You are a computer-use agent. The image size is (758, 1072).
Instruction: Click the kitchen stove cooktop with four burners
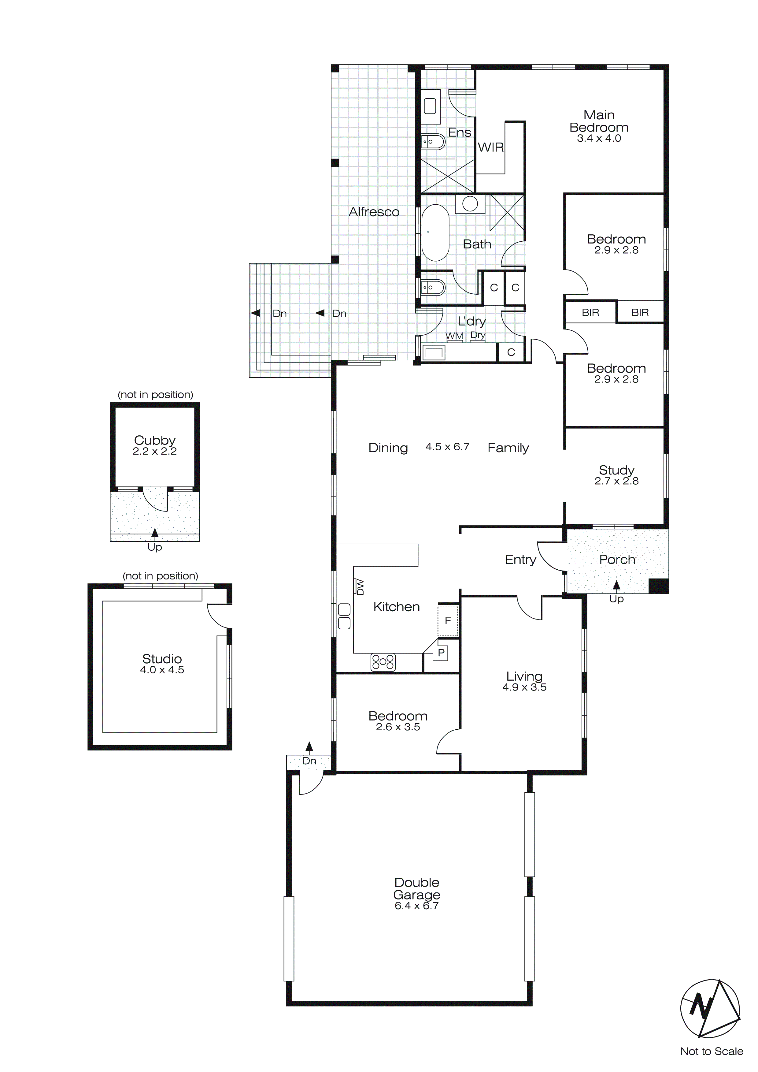pos(383,662)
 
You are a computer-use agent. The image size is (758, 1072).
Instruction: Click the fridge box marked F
pos(448,620)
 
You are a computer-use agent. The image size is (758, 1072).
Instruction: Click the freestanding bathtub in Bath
pos(435,233)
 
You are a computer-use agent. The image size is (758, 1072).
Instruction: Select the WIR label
pos(490,147)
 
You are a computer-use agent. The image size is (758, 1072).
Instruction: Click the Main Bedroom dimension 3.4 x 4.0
pos(599,139)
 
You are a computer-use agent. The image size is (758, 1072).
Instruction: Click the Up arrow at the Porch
pos(616,585)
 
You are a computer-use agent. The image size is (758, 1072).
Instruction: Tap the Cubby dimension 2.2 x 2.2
pos(154,452)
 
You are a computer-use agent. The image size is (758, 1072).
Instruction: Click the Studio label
pos(162,659)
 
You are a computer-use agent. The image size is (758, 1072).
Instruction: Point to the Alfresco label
pos(374,212)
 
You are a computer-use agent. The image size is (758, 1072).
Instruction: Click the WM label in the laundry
pos(454,336)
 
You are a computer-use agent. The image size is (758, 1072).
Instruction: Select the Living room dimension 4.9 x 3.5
pos(524,687)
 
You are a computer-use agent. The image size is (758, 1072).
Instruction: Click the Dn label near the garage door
pos(309,761)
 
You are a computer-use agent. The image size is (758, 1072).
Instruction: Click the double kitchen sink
pos(344,616)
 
